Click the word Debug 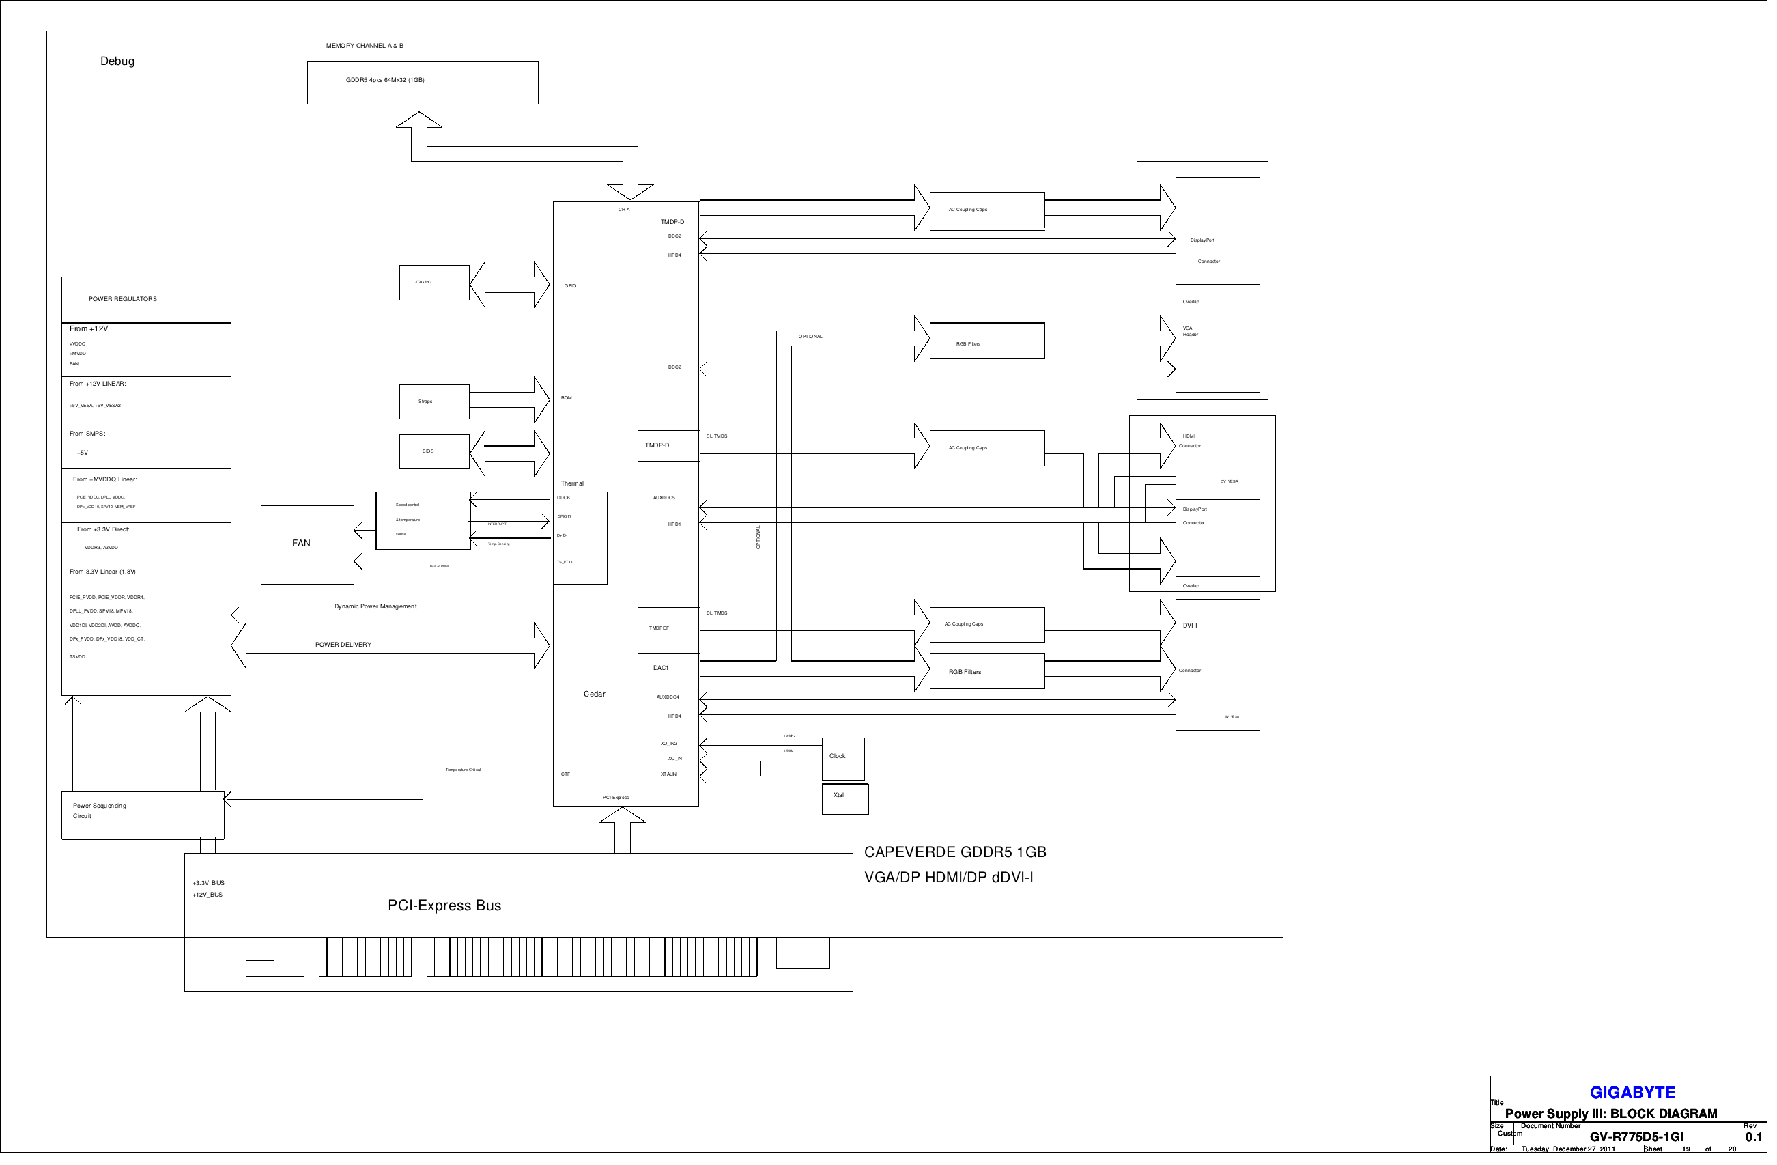(x=117, y=61)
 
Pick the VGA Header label (x=1195, y=333)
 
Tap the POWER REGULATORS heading (x=123, y=301)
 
